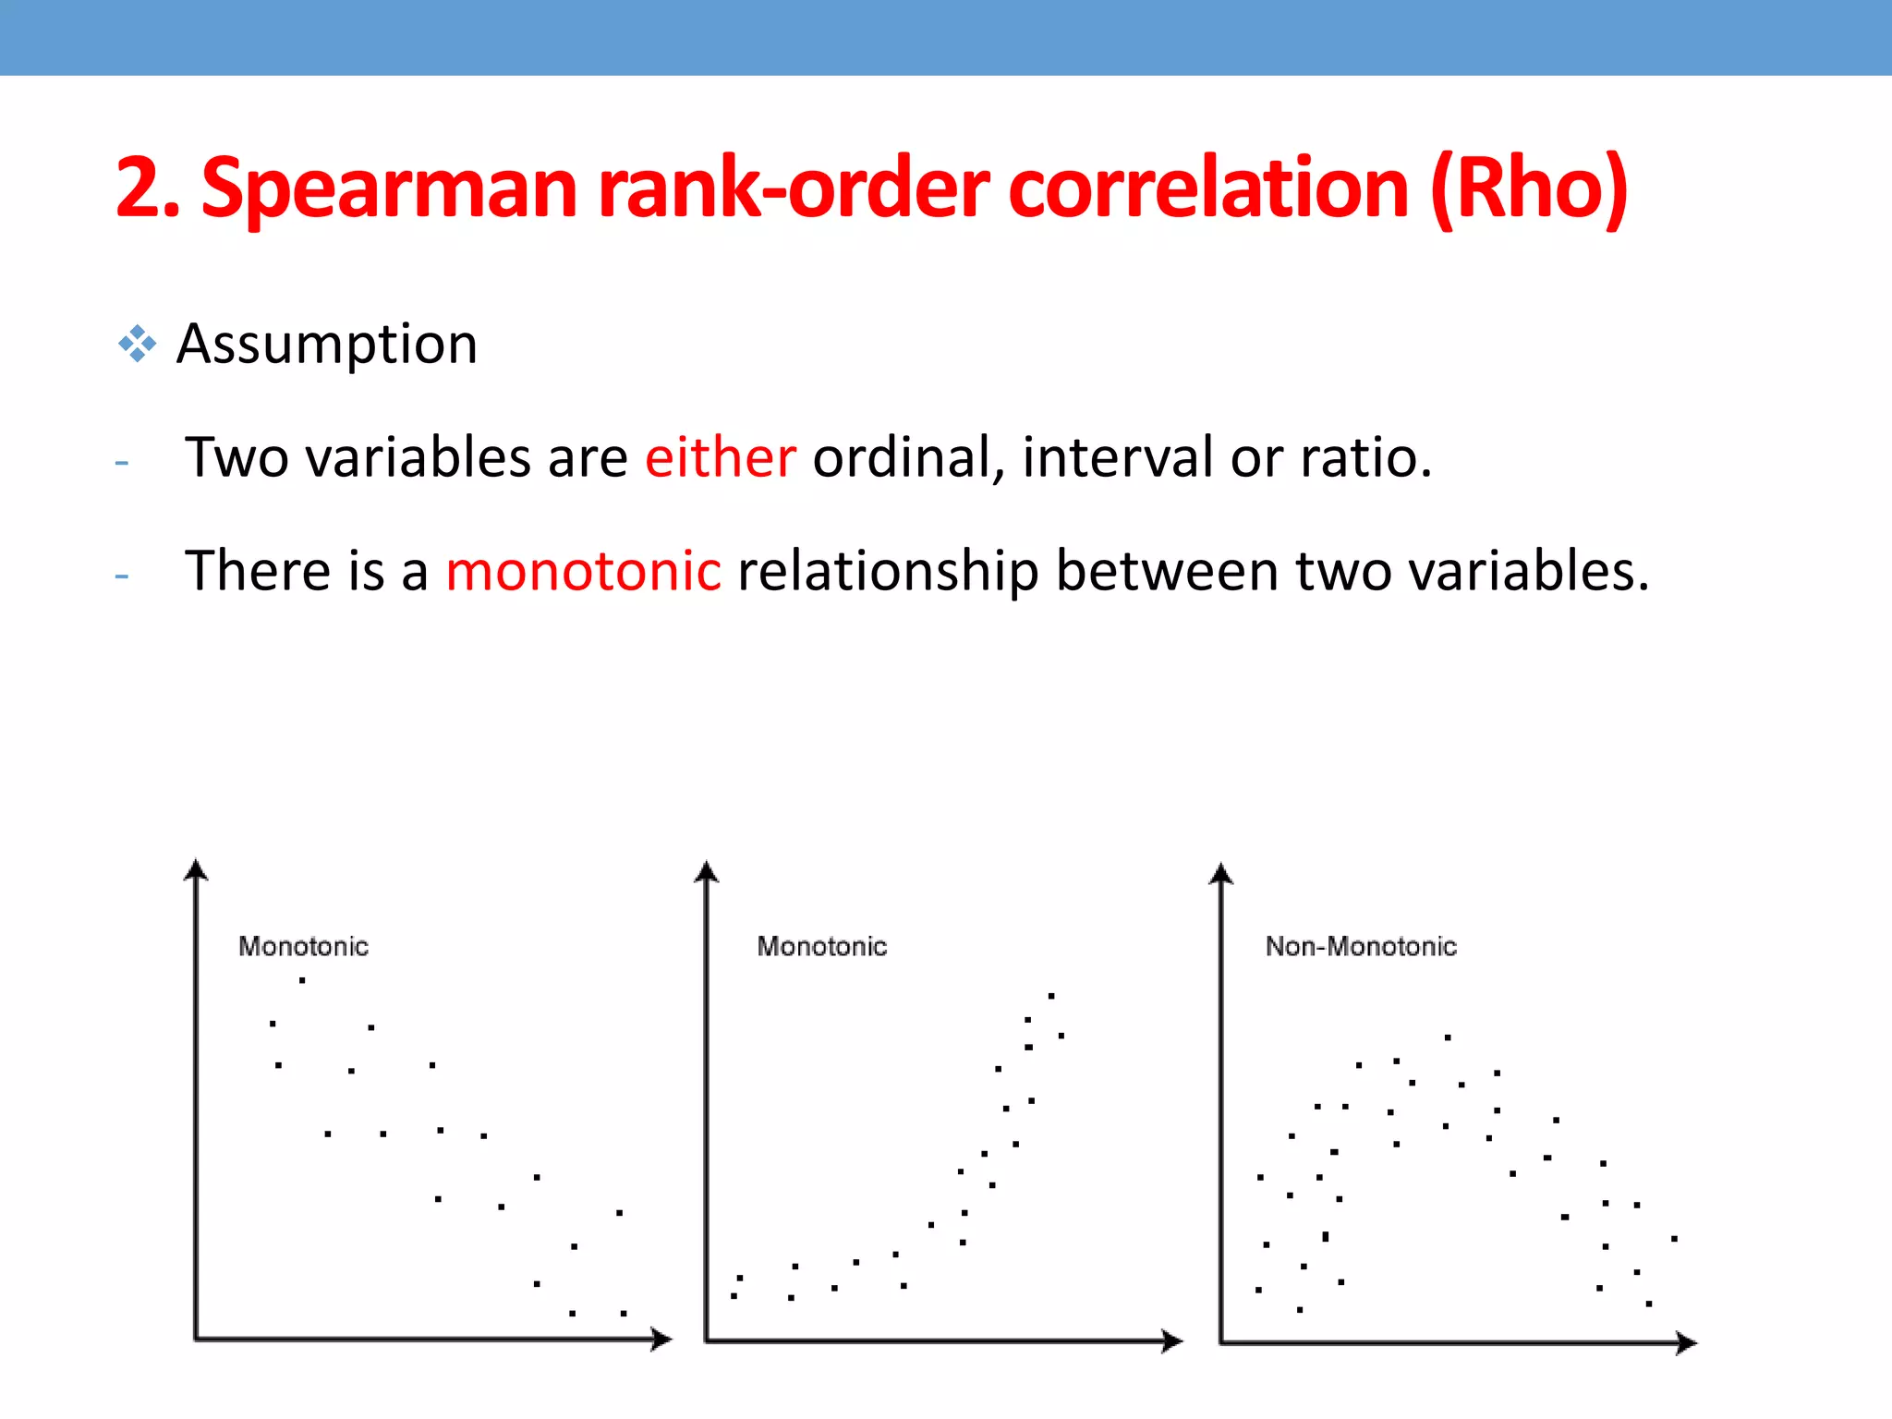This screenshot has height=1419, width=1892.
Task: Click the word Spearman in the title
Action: point(389,189)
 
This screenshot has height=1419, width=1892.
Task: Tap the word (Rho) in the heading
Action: point(1528,189)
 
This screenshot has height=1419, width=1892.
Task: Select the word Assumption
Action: point(327,345)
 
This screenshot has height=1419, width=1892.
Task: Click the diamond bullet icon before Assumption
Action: point(137,344)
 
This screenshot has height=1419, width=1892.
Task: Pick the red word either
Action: point(720,457)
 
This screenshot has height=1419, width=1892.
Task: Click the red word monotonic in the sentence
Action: point(583,570)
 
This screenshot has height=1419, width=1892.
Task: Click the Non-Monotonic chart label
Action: point(1360,946)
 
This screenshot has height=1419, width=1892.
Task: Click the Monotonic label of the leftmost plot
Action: point(303,946)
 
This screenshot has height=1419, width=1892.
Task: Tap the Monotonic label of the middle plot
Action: point(821,946)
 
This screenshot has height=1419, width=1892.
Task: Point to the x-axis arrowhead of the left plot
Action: point(661,1339)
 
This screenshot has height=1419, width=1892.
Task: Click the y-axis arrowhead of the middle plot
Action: point(707,872)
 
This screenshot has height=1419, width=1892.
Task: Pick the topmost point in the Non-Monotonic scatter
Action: point(1448,1037)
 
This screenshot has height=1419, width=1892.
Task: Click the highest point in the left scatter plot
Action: point(302,980)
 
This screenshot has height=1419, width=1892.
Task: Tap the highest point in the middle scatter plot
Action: point(1051,996)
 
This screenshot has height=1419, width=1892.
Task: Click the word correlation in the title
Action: point(1208,189)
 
